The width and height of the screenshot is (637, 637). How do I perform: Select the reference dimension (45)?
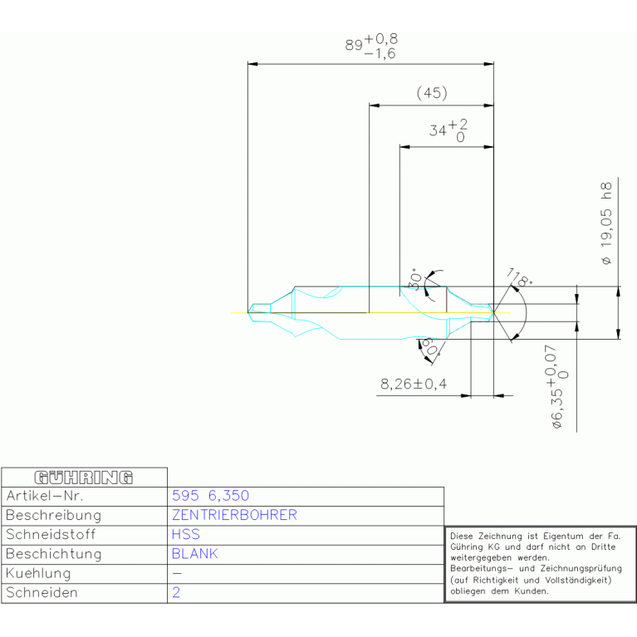432,93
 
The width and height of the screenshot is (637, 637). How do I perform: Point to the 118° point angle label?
520,279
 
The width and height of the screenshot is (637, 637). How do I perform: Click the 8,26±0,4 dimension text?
414,385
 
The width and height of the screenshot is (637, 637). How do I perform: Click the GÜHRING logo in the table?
83,477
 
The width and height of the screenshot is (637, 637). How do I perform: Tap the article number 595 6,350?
210,496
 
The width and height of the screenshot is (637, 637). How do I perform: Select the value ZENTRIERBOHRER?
234,515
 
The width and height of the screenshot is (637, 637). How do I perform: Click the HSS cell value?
185,534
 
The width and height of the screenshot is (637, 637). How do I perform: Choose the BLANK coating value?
194,554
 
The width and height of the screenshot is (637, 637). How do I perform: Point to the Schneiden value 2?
176,593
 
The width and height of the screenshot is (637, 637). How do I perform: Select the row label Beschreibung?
53,515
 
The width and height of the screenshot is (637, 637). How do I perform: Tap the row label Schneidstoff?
50,534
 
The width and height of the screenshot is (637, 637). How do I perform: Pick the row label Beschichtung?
53,554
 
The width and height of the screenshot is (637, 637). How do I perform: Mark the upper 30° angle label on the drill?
414,280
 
